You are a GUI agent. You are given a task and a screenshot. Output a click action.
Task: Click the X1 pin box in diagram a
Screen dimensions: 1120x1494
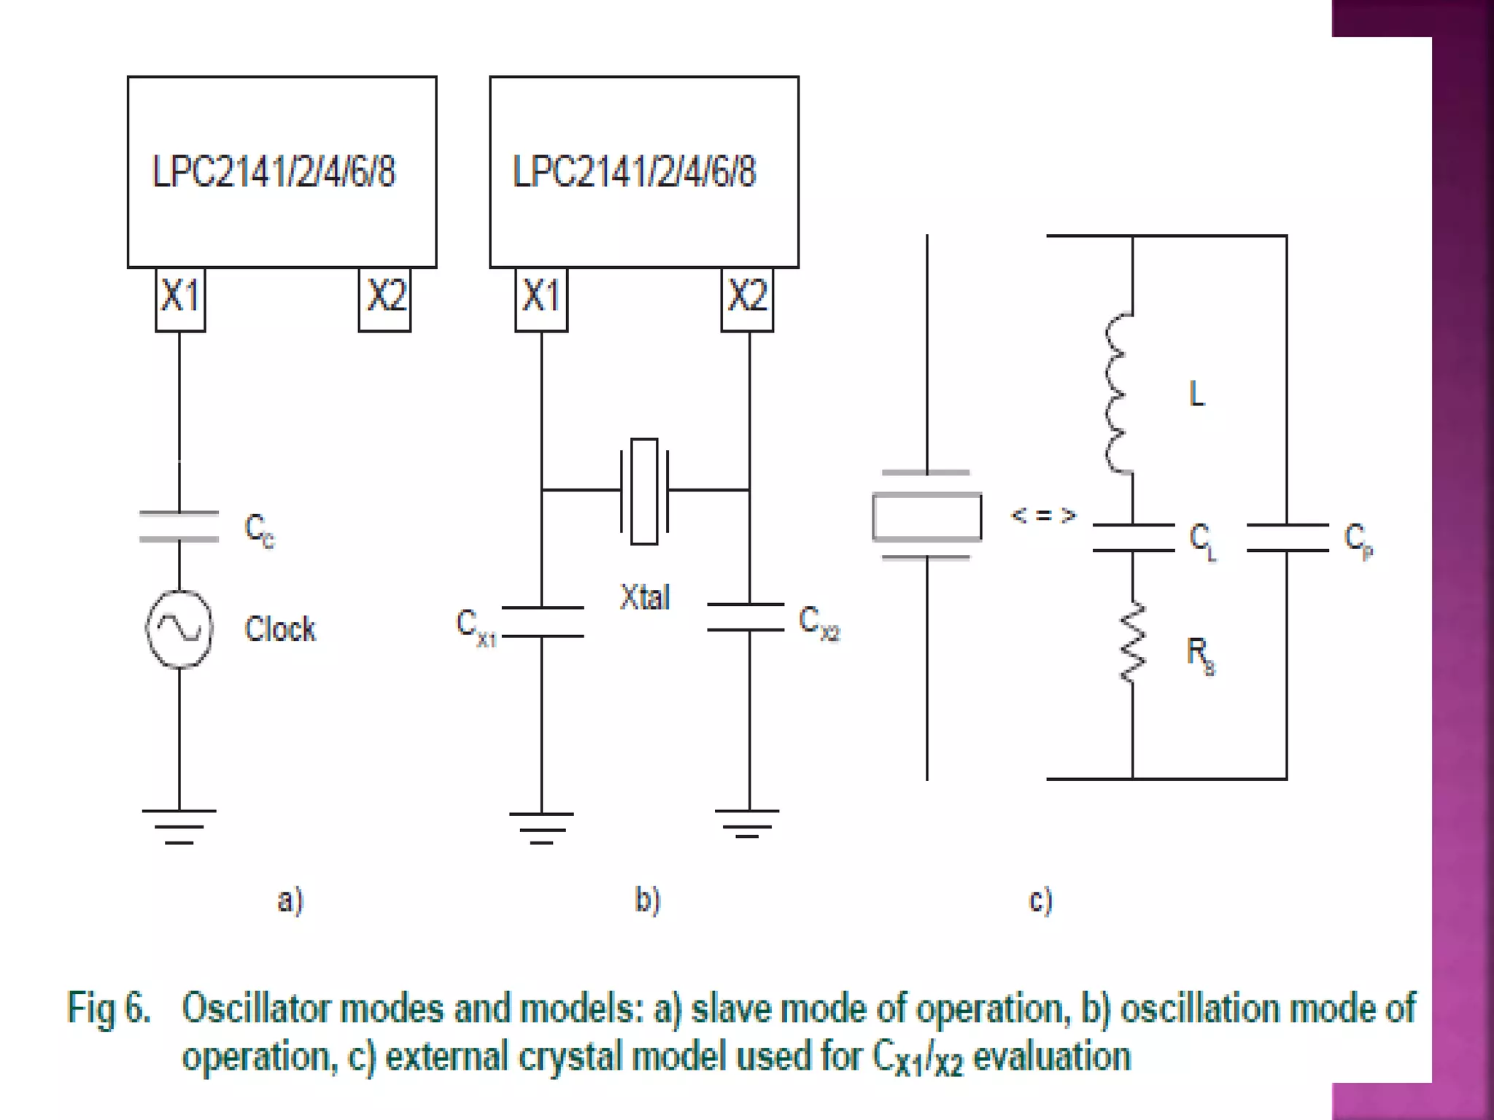click(180, 299)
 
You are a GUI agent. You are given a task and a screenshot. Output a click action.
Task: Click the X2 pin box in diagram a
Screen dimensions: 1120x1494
click(384, 299)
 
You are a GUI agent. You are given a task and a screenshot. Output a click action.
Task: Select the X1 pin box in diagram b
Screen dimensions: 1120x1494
click(541, 299)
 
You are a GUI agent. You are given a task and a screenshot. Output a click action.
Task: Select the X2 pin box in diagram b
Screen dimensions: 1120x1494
click(747, 299)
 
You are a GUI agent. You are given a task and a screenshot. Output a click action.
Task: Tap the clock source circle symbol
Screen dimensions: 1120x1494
click(179, 629)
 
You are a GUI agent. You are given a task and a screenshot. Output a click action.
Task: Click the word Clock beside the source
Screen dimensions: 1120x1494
click(280, 629)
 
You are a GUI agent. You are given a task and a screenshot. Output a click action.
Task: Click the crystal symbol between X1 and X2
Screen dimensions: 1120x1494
click(644, 491)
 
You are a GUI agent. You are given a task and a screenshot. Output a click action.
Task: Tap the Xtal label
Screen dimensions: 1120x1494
click(645, 597)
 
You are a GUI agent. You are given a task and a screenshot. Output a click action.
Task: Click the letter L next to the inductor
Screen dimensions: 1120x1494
click(1196, 394)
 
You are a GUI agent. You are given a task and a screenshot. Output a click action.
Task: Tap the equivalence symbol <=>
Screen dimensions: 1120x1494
click(1043, 516)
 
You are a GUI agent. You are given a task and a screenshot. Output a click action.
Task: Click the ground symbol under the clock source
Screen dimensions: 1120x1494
click(179, 826)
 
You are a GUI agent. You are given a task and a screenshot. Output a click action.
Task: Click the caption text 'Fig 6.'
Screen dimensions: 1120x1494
click(109, 1008)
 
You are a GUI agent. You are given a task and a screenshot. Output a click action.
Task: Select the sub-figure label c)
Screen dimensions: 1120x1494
click(1040, 900)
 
